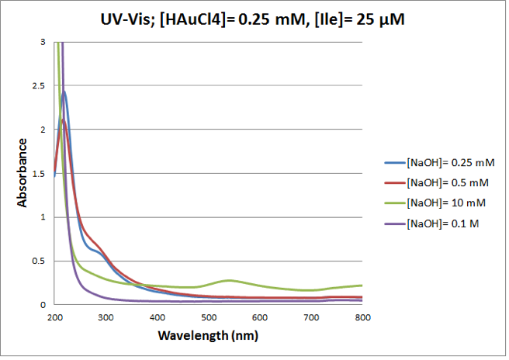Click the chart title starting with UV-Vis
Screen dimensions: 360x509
click(x=254, y=19)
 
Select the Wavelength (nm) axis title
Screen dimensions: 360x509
click(x=208, y=337)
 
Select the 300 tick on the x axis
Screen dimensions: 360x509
click(x=106, y=317)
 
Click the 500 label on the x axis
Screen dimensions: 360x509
click(x=208, y=317)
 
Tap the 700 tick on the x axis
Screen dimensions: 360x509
click(x=311, y=317)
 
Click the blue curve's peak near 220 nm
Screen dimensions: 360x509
click(x=64, y=92)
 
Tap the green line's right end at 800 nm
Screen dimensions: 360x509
click(x=362, y=286)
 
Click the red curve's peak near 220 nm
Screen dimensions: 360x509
click(x=64, y=119)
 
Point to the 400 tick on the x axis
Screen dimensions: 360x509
click(x=157, y=317)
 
